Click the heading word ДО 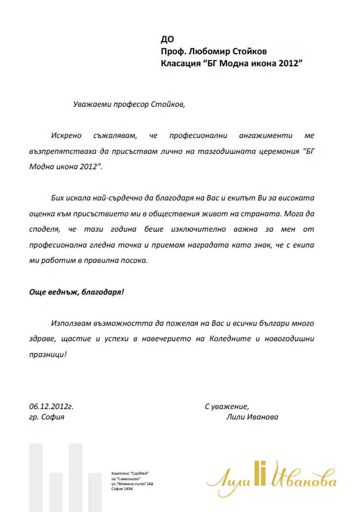coord(167,39)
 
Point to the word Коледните coord(227,339)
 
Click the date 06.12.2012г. coord(51,406)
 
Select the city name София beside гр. coord(53,417)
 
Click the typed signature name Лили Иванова coord(251,417)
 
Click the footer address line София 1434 coord(121,488)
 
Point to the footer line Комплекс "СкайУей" coord(130,473)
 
